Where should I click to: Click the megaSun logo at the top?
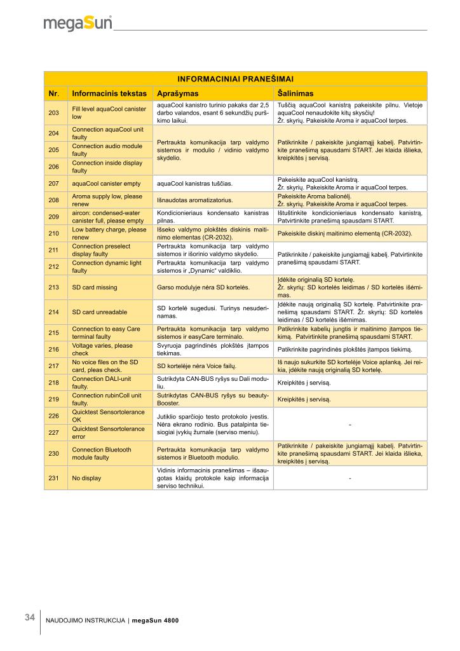78,24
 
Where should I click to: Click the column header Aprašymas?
177,93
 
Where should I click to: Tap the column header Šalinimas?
296,93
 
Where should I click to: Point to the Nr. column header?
55,93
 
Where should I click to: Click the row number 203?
53,113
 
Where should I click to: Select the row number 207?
53,184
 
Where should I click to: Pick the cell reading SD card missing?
94,287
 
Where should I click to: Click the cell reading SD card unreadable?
98,312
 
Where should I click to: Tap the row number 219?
53,399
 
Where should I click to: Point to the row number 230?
53,453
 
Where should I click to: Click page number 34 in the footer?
30,617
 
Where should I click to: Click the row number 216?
53,349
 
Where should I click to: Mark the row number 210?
53,233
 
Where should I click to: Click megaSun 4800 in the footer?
155,621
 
